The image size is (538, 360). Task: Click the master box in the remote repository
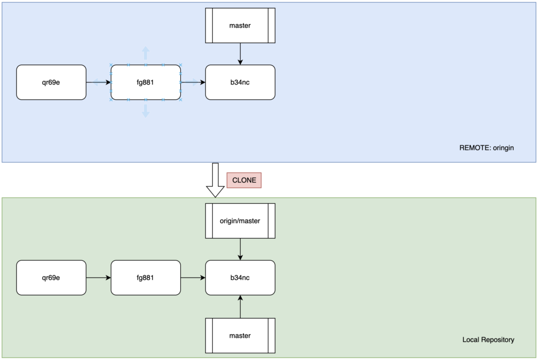240,26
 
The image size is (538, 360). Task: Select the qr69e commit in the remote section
51,83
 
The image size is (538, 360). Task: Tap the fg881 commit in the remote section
146,83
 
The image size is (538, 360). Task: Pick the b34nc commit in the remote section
240,83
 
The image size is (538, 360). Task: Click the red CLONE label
244,180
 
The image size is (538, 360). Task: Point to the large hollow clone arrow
215,180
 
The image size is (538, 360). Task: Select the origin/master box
240,221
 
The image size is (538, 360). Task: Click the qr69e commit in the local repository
51,277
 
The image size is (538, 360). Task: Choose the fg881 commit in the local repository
146,277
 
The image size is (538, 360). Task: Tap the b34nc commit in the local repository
240,277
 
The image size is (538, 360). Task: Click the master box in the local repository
240,336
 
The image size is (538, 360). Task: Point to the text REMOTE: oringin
487,148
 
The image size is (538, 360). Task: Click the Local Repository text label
488,340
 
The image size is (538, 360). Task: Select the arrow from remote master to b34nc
240,54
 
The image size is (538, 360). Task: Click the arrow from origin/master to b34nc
240,249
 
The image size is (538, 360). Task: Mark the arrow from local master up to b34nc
240,307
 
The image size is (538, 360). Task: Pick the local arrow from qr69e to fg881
98,277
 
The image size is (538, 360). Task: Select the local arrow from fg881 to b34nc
193,277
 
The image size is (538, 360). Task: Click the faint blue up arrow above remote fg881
146,53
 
